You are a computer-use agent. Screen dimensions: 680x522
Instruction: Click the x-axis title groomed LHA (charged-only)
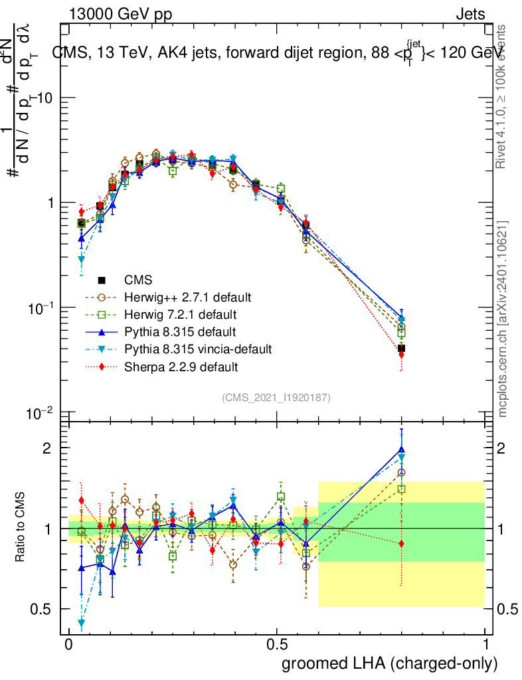pos(391,663)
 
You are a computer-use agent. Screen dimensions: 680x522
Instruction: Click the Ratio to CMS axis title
pos(21,528)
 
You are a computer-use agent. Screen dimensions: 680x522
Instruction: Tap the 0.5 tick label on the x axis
pos(276,644)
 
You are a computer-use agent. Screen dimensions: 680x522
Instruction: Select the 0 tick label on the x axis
pos(68,644)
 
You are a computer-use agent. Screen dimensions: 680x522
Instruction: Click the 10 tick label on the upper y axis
pos(45,98)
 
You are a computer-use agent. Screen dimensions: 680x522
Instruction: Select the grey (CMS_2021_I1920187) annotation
pos(276,397)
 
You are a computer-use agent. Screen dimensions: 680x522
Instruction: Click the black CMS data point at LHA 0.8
pos(401,348)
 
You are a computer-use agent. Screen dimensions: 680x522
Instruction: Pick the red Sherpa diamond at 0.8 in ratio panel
pos(401,544)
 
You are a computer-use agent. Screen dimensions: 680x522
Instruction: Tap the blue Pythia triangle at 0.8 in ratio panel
pos(401,449)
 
